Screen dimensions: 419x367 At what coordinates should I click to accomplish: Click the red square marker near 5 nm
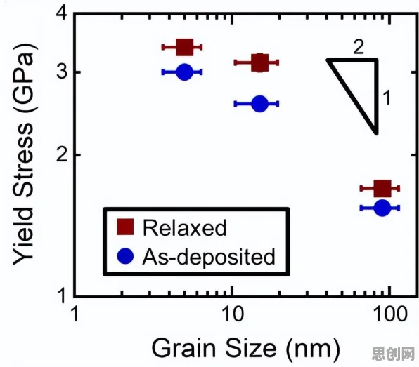pyautogui.click(x=184, y=47)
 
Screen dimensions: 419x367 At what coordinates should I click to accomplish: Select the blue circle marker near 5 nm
pyautogui.click(x=184, y=72)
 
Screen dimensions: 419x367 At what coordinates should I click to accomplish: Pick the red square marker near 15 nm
pyautogui.click(x=259, y=62)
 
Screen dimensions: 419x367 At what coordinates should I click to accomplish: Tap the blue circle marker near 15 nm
pyautogui.click(x=259, y=103)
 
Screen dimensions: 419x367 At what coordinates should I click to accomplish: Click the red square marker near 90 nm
pyautogui.click(x=382, y=188)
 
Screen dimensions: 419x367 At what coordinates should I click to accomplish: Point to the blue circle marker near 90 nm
pyautogui.click(x=382, y=208)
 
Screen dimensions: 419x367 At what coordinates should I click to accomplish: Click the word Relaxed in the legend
pyautogui.click(x=185, y=228)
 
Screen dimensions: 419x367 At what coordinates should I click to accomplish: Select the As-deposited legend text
pyautogui.click(x=209, y=257)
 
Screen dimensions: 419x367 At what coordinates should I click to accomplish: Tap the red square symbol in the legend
pyautogui.click(x=125, y=227)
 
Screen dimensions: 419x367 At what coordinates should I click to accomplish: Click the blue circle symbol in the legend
pyautogui.click(x=125, y=256)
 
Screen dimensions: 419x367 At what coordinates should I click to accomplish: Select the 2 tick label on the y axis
pyautogui.click(x=62, y=154)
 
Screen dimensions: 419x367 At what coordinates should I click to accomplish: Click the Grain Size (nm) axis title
pyautogui.click(x=246, y=348)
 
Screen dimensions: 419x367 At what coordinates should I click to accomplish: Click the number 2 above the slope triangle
pyautogui.click(x=359, y=47)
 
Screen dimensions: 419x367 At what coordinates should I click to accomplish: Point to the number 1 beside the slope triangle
pyautogui.click(x=387, y=98)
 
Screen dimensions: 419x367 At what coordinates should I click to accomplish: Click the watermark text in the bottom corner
pyautogui.click(x=394, y=354)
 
